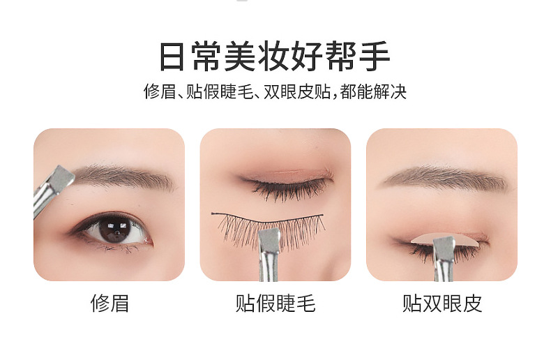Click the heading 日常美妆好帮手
[275, 57]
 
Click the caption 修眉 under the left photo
[110, 303]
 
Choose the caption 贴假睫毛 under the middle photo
[275, 303]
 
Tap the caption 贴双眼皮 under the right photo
[441, 303]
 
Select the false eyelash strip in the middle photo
[269, 225]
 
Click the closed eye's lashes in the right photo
[418, 248]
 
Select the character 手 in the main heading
[375, 57]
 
